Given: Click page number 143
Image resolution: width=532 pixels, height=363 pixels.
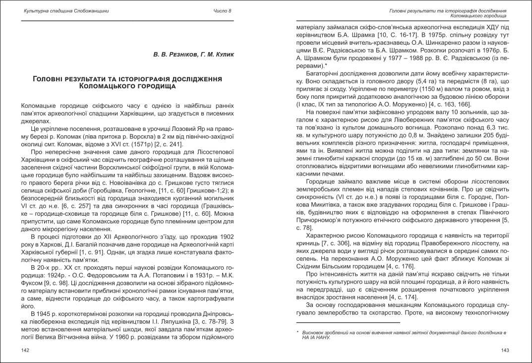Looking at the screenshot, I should point(505,351).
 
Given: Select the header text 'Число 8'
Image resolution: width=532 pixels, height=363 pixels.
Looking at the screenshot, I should point(222,11).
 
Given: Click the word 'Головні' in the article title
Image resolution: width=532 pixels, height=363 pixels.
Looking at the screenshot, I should point(52,79).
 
